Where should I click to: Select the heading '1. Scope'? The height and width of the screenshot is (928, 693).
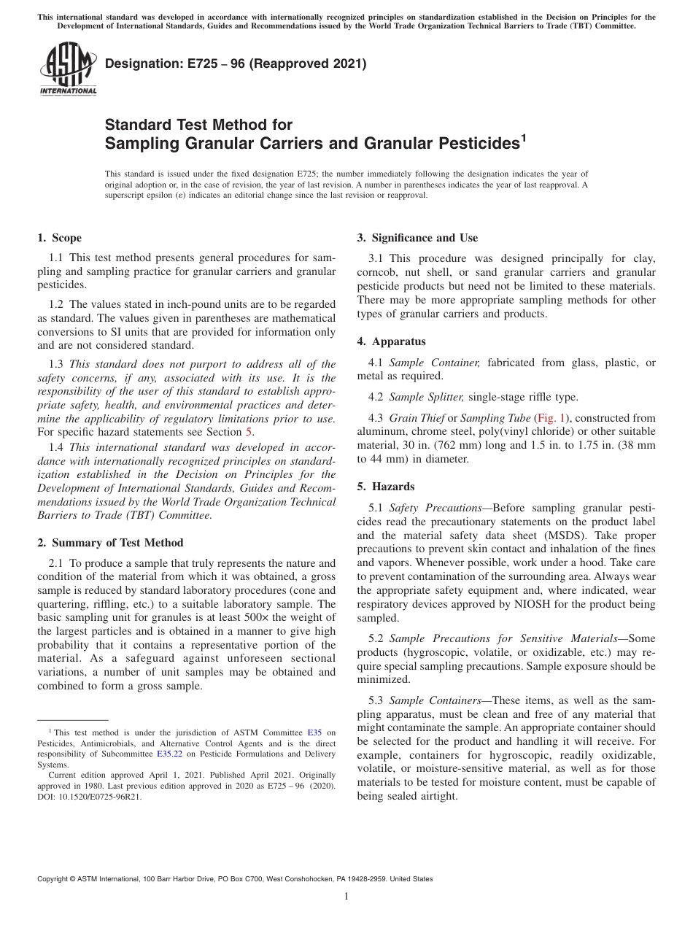click(59, 238)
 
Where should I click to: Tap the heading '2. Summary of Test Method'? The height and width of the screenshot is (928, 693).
click(110, 543)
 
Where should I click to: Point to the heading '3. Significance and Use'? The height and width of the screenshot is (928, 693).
click(417, 238)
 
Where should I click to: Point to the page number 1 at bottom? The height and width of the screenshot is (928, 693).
click(346, 897)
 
